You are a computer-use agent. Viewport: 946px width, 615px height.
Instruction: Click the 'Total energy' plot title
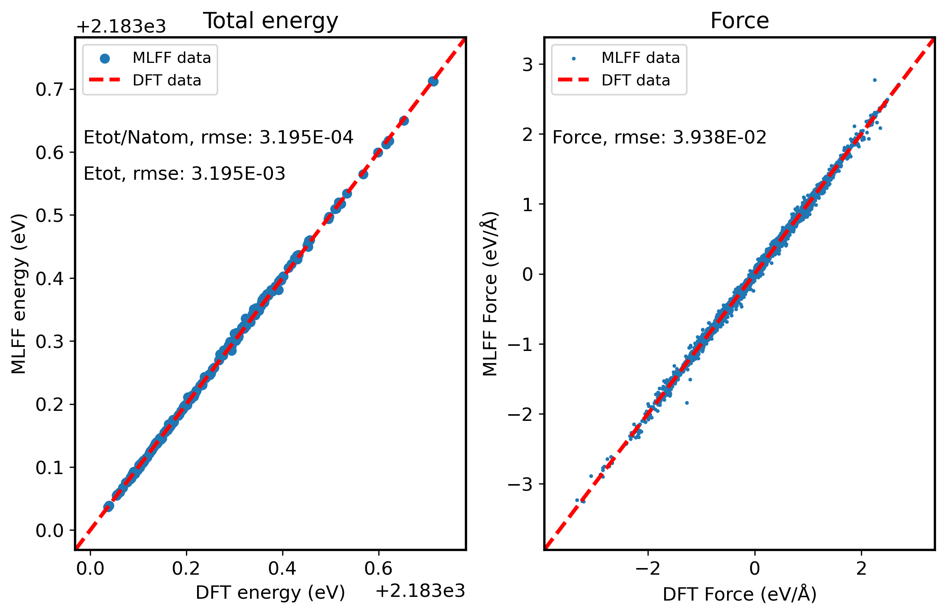click(270, 21)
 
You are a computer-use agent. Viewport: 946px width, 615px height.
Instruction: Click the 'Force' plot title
click(739, 21)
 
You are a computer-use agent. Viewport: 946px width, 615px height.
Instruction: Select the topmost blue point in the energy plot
click(433, 81)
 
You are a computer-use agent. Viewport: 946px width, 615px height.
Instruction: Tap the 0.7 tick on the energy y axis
click(49, 89)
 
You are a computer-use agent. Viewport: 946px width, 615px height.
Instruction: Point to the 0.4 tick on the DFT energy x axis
click(282, 568)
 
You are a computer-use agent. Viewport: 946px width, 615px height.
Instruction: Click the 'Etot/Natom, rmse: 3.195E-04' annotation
click(218, 138)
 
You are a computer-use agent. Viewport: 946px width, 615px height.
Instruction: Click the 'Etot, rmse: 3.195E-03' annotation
click(185, 174)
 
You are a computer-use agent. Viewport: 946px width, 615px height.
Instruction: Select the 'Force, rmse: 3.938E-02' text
click(659, 138)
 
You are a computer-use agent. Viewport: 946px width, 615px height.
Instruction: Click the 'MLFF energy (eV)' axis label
click(19, 294)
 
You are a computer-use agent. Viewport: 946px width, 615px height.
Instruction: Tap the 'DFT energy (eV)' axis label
click(270, 593)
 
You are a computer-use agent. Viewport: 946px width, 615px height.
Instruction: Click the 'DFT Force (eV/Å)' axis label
click(739, 594)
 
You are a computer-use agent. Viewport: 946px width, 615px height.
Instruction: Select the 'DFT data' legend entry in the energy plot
click(166, 80)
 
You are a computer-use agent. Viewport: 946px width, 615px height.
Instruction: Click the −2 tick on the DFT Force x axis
click(648, 568)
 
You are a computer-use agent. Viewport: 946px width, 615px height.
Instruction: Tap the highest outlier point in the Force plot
click(875, 80)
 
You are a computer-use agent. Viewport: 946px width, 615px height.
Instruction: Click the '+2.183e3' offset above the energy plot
click(121, 27)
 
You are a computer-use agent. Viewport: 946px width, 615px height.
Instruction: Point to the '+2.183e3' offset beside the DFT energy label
click(420, 591)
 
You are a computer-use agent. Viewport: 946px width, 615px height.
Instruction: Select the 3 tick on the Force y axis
click(527, 64)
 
